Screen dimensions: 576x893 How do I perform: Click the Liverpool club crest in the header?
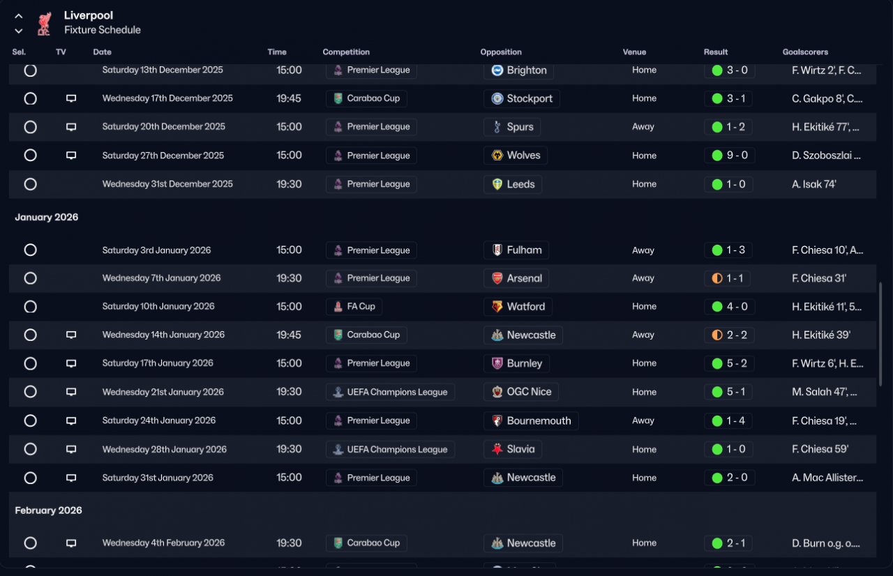click(44, 23)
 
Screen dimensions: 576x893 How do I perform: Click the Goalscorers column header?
click(805, 52)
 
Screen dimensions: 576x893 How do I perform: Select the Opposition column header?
click(501, 52)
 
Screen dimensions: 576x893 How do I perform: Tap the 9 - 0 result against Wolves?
click(729, 156)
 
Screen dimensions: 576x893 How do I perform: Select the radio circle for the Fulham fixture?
click(30, 250)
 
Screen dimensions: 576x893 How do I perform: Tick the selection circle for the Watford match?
click(30, 307)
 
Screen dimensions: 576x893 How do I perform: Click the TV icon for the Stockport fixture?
click(71, 98)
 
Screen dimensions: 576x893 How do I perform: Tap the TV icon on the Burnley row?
click(71, 363)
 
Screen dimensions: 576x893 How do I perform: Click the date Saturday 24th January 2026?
click(159, 420)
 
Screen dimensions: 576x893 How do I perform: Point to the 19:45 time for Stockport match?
click(289, 98)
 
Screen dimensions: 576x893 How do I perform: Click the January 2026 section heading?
click(47, 218)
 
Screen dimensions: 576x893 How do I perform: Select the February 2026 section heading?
click(49, 510)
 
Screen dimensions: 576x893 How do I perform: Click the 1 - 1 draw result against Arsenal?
click(728, 278)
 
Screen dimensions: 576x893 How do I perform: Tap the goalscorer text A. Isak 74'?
click(814, 184)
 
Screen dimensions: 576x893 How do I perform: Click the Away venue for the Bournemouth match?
click(643, 420)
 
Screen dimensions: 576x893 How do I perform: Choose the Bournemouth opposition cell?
click(530, 420)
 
